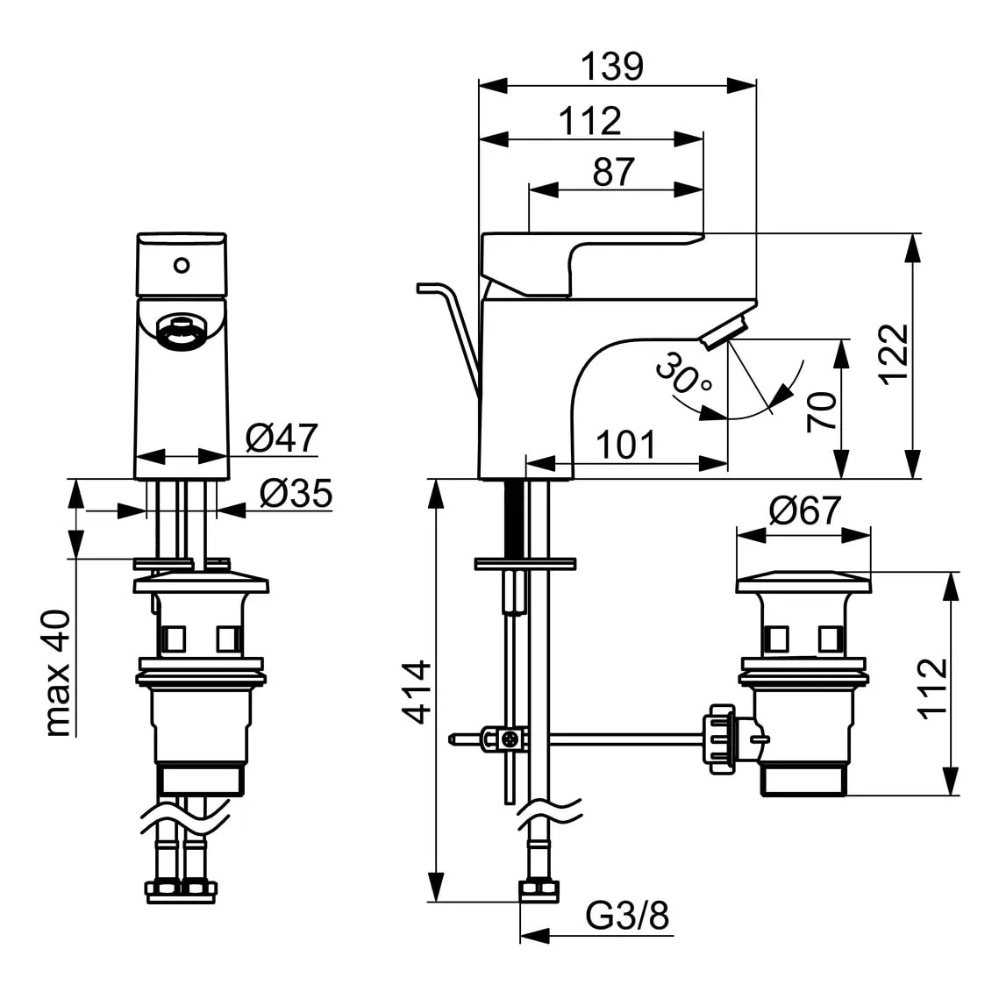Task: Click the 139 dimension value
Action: tap(612, 67)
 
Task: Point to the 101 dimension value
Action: tap(625, 446)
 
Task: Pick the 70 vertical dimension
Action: tap(822, 410)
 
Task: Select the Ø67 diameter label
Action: tap(804, 510)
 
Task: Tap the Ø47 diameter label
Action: tap(281, 438)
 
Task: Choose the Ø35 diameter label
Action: tap(296, 495)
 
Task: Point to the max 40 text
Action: tap(57, 673)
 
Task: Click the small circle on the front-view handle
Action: tap(182, 264)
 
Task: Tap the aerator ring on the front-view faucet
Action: tap(182, 333)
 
